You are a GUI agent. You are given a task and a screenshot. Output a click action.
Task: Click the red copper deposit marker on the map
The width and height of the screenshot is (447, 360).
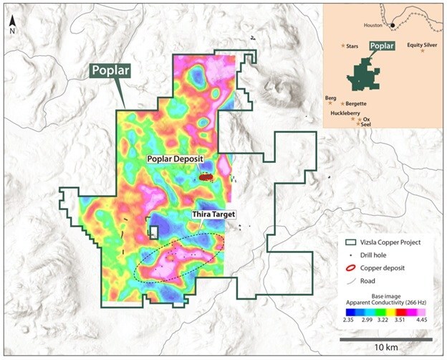pos(206,176)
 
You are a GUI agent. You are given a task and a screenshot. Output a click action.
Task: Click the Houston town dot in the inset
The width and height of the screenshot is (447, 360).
pos(392,27)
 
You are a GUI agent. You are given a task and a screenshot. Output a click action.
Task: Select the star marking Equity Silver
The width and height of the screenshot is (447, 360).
pos(423,51)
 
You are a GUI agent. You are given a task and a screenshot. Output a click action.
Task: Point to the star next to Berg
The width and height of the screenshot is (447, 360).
pos(330,103)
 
